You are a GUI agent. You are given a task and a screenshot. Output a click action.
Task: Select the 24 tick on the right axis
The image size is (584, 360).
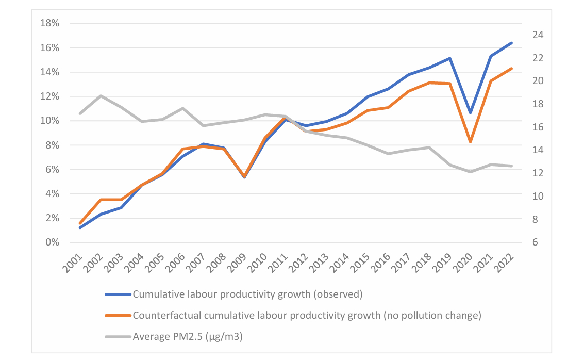(x=533, y=35)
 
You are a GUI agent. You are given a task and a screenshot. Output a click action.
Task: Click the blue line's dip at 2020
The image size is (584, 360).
(x=470, y=112)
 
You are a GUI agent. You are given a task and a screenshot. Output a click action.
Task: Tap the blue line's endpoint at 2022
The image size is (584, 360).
(x=511, y=43)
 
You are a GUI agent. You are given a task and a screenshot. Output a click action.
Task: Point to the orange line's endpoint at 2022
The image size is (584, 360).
(x=511, y=68)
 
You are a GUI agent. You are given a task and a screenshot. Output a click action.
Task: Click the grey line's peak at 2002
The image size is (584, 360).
(x=101, y=96)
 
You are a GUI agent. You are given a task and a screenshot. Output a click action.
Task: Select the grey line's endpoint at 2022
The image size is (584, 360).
(x=511, y=166)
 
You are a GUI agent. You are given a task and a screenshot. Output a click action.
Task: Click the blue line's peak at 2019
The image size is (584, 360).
(x=450, y=58)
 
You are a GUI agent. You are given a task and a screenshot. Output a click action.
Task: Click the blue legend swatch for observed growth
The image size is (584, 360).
(x=118, y=294)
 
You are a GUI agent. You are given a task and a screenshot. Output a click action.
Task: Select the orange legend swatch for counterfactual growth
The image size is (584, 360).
(x=118, y=316)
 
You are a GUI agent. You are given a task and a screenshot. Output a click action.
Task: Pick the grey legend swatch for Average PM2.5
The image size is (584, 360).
(x=118, y=337)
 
